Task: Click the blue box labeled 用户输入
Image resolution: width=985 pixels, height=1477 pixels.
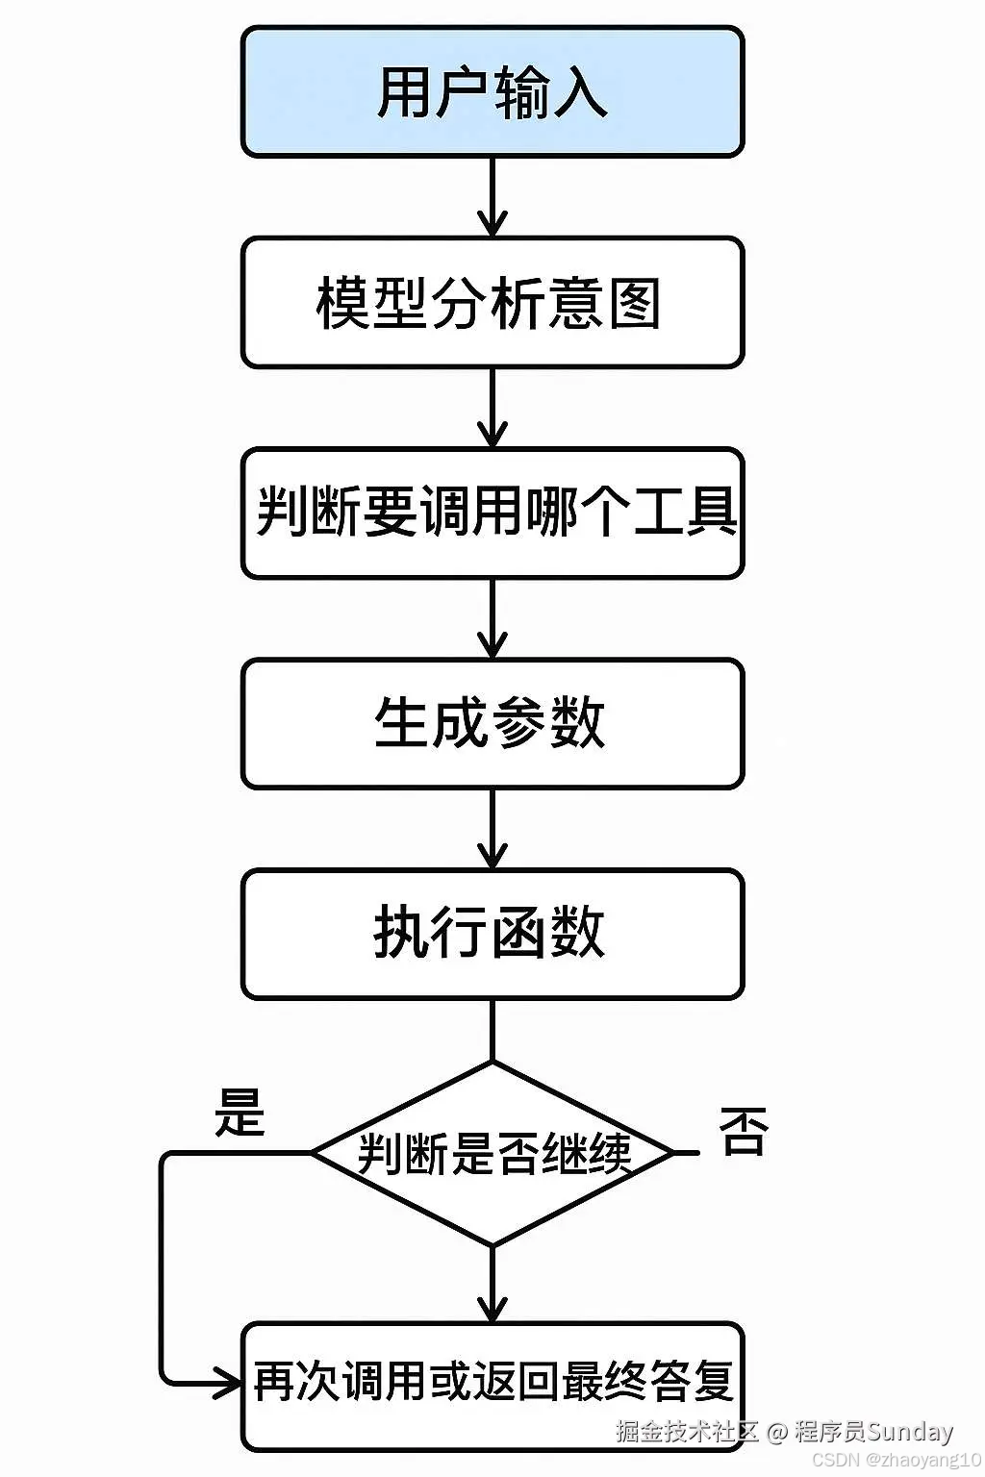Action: pyautogui.click(x=492, y=92)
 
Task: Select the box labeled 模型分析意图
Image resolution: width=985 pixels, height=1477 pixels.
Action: pyautogui.click(x=492, y=303)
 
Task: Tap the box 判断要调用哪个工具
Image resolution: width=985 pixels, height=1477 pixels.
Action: pyautogui.click(x=492, y=513)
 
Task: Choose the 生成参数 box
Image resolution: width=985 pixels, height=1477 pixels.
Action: pyautogui.click(x=492, y=723)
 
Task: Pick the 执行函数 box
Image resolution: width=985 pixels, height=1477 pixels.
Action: pyautogui.click(x=492, y=934)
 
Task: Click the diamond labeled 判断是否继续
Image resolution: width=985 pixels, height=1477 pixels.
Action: pyautogui.click(x=492, y=1153)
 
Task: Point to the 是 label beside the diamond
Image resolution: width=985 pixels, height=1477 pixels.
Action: pyautogui.click(x=239, y=1113)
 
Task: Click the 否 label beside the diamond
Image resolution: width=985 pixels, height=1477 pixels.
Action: pyautogui.click(x=744, y=1131)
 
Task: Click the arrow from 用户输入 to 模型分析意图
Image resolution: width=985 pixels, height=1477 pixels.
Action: pyautogui.click(x=492, y=197)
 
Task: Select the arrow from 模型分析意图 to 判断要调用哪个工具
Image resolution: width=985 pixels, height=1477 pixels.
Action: pyautogui.click(x=492, y=408)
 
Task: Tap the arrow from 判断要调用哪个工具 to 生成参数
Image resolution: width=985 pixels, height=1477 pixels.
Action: pyautogui.click(x=492, y=618)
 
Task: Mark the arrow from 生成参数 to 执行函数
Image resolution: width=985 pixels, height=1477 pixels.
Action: pyautogui.click(x=492, y=829)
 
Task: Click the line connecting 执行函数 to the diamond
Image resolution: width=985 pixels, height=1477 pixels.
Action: pyautogui.click(x=492, y=1031)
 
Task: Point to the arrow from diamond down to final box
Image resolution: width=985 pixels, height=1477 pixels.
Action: pyautogui.click(x=492, y=1284)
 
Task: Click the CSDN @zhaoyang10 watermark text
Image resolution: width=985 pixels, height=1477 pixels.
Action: pyautogui.click(x=896, y=1459)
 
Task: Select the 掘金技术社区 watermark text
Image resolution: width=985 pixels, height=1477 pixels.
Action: pyautogui.click(x=687, y=1431)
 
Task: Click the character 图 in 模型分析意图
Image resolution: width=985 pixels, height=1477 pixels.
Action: pyautogui.click(x=634, y=304)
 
